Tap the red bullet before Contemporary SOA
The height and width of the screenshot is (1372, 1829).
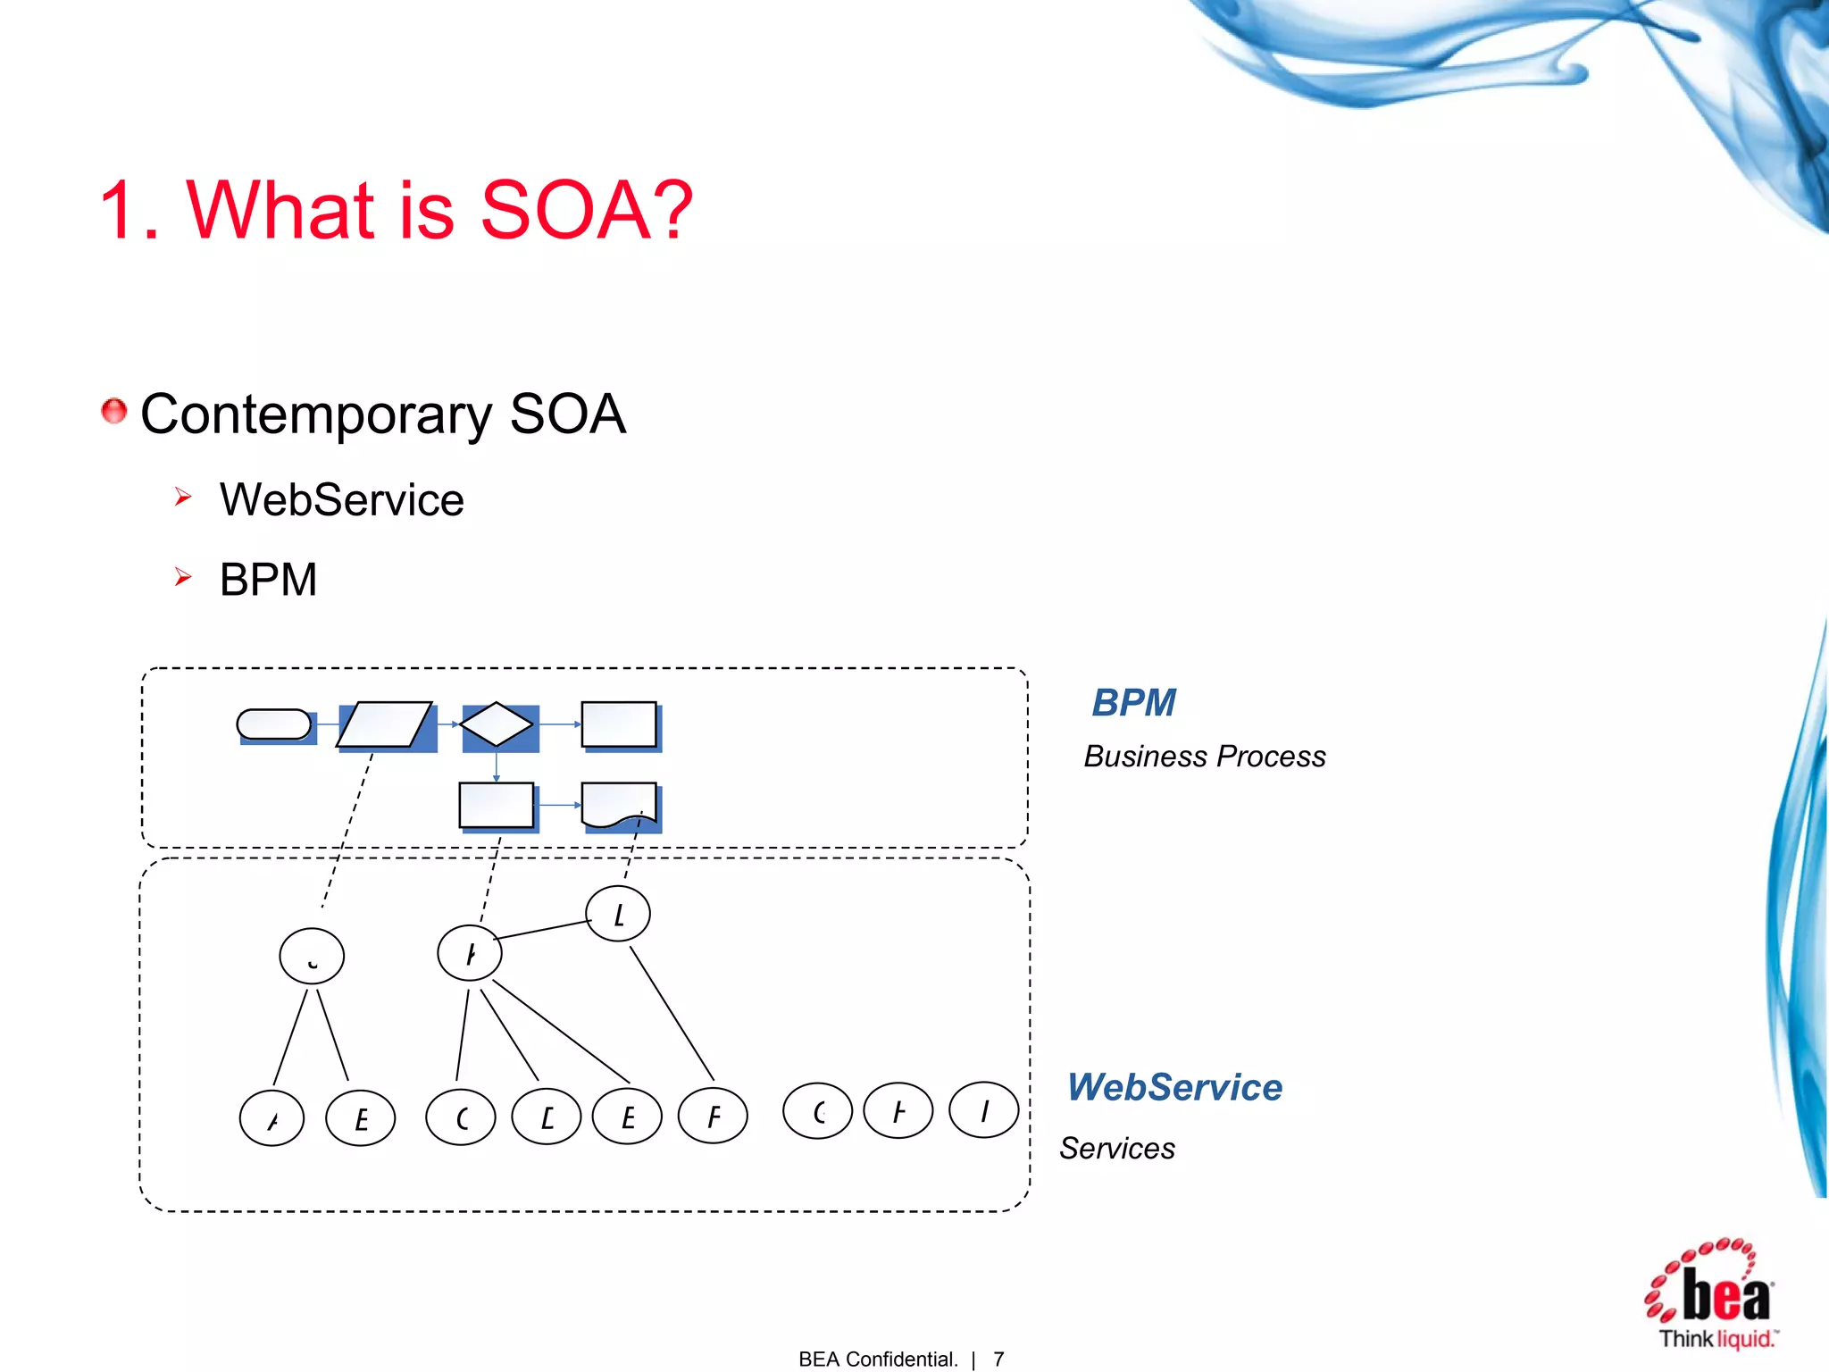point(113,411)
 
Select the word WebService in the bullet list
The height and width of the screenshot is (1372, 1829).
point(341,499)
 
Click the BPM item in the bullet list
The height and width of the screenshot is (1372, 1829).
point(268,580)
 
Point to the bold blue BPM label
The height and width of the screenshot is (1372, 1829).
point(1133,703)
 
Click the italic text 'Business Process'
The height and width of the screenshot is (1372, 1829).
point(1204,757)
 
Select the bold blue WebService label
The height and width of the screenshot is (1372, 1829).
point(1174,1087)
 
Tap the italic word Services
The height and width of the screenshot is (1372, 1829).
point(1116,1149)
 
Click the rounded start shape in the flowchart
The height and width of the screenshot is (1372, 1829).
point(274,724)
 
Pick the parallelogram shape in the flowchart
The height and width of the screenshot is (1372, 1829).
point(385,724)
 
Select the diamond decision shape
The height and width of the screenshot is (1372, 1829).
point(497,724)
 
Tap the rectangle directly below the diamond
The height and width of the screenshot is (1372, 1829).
point(497,805)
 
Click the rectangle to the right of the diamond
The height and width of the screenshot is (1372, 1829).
point(619,724)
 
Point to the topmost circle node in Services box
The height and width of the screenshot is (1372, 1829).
point(618,914)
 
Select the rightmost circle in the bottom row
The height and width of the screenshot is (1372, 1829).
point(984,1110)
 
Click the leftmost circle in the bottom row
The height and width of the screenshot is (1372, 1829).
point(272,1118)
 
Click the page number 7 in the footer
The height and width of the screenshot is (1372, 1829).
point(998,1359)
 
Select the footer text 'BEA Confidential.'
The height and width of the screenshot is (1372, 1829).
point(878,1359)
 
